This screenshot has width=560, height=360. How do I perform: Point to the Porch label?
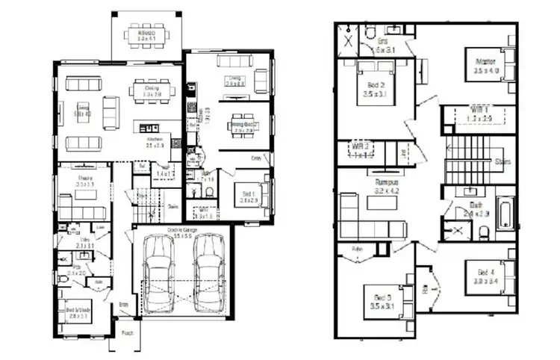point(127,333)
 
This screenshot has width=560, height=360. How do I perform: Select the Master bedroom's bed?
point(499,69)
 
